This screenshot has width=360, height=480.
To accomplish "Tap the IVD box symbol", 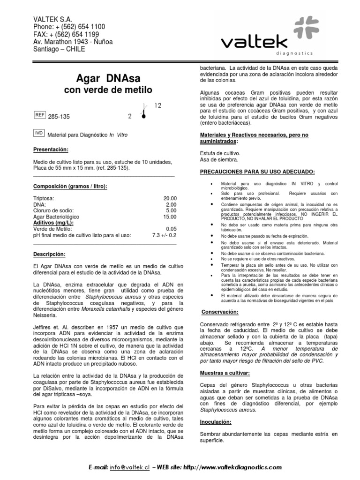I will coord(39,134).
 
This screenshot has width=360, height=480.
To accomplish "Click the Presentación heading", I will coord(51,150).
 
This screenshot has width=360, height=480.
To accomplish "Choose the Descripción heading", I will coord(49,254).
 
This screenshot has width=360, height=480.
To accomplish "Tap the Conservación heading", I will coord(220,312).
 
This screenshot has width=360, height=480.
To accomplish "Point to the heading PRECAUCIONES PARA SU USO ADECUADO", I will coord(257,172).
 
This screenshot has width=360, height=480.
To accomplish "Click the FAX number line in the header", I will coord(66,34).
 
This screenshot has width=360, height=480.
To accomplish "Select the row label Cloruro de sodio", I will coord(55,210).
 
